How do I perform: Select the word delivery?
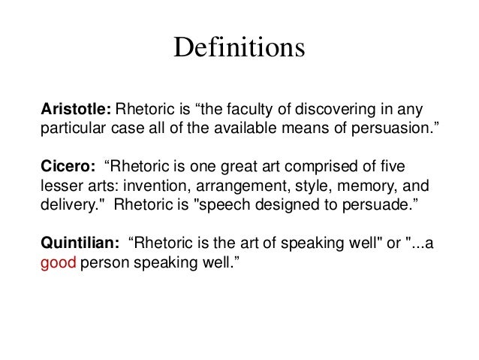64,203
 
